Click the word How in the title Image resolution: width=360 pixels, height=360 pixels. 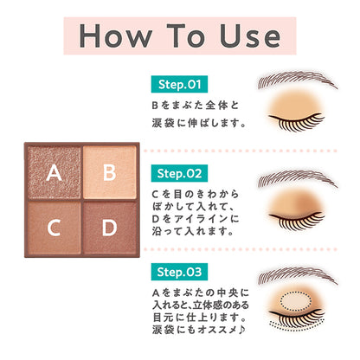click(118, 36)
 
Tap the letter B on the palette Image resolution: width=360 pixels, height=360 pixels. click(109, 171)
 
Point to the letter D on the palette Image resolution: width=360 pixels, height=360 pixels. click(109, 228)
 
